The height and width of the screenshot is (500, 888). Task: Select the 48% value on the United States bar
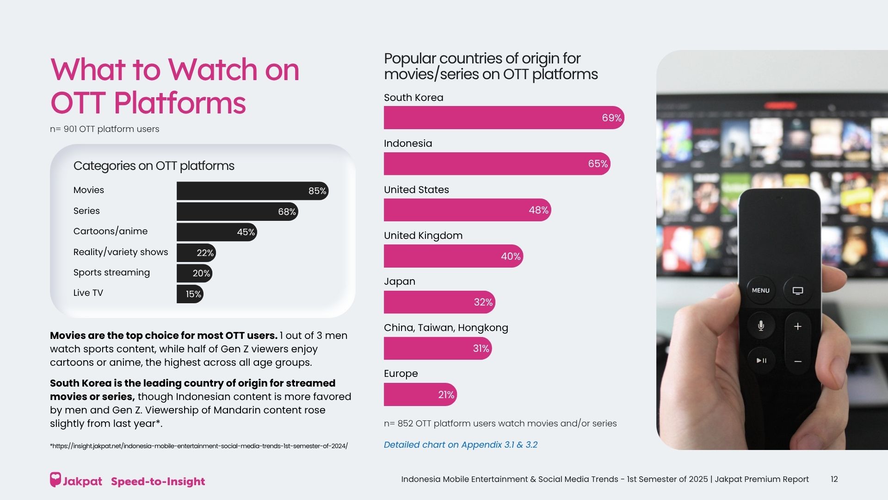538,210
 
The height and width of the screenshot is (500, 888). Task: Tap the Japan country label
400,281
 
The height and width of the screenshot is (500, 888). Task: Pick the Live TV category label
88,293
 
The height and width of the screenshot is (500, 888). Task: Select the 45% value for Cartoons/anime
246,232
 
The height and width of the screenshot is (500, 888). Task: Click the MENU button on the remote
760,290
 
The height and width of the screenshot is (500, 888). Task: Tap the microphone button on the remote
761,326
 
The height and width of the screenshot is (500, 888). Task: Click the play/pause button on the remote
761,360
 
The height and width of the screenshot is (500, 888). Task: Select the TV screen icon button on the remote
797,290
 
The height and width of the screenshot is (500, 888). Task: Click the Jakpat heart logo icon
55,480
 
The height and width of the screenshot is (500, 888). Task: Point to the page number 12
834,479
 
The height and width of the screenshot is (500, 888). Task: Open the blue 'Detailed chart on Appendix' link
461,445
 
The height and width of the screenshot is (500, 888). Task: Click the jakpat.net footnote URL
199,446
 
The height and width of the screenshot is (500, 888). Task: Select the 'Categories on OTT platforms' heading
154,166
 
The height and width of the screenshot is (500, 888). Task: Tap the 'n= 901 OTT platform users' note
105,129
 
